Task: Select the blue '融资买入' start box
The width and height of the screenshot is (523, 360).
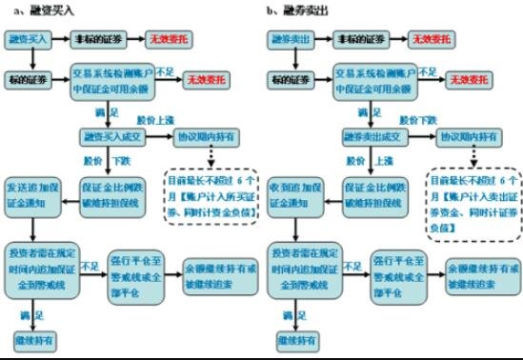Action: pos(27,41)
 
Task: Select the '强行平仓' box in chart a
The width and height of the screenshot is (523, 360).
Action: pos(140,267)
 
